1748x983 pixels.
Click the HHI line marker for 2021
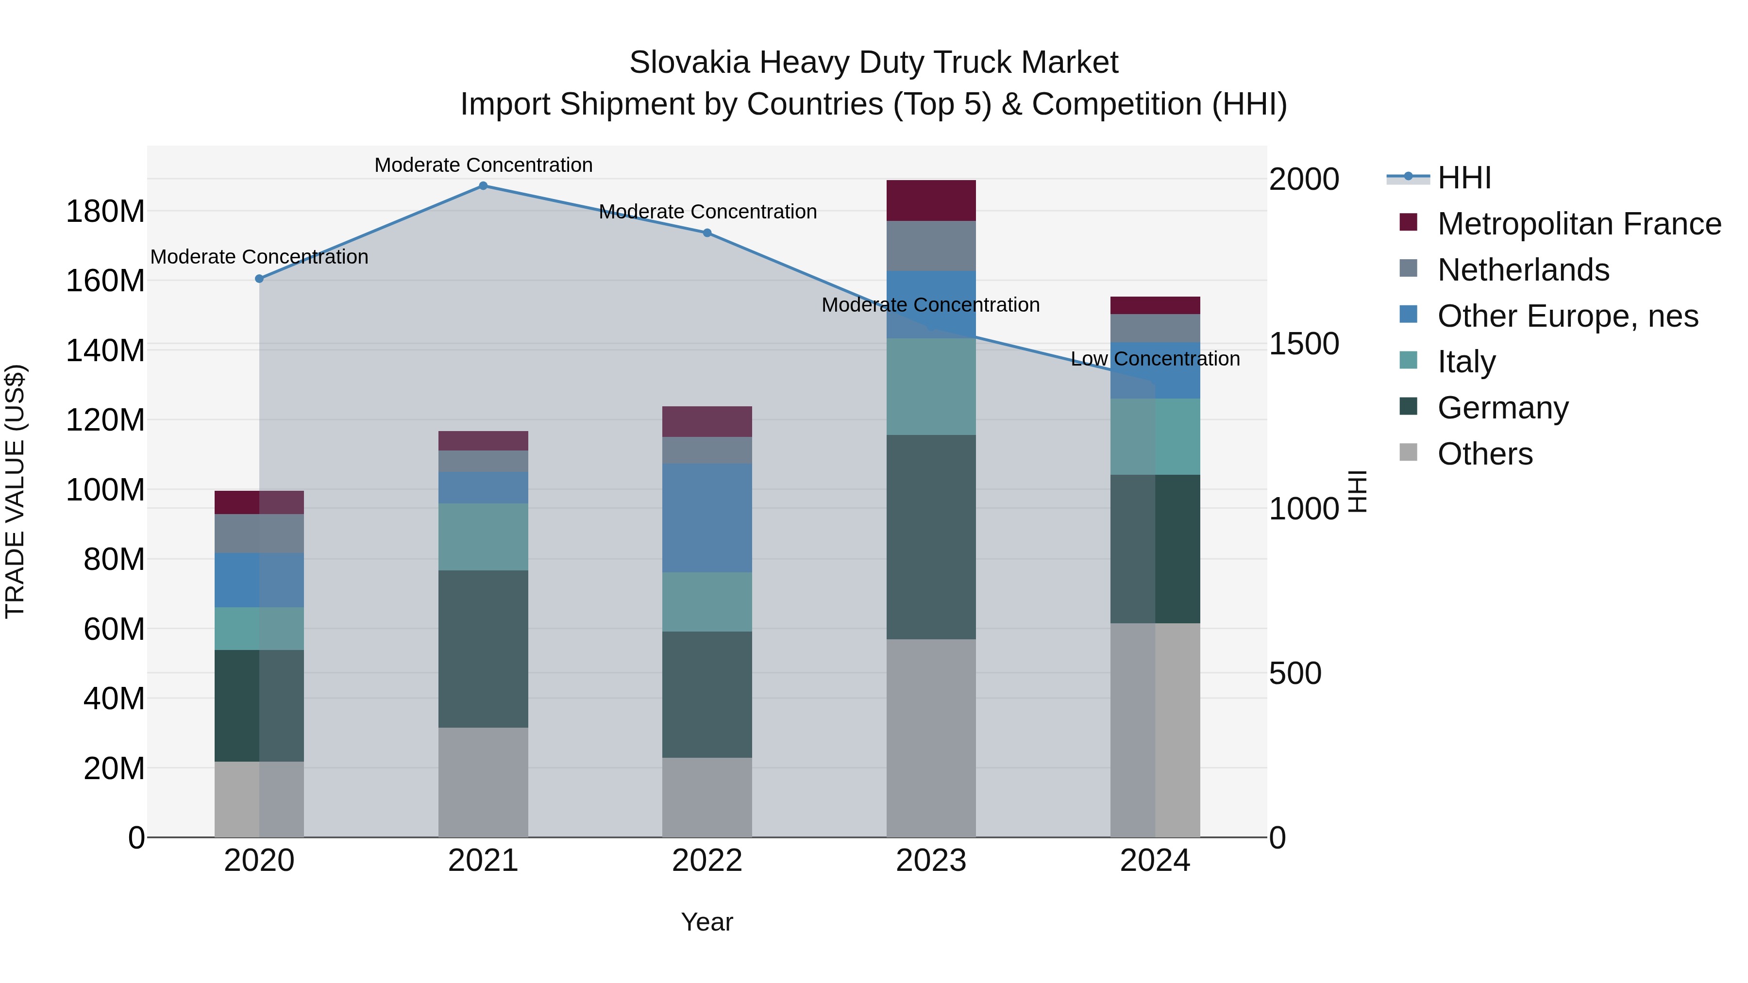point(483,186)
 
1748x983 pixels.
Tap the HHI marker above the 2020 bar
point(259,279)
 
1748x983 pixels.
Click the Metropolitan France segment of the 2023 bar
point(931,201)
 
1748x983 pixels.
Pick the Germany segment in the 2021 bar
point(483,649)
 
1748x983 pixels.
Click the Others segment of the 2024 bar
point(1155,730)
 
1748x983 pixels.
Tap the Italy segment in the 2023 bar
point(931,387)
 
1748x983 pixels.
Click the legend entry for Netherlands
point(1523,270)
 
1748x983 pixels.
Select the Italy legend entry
point(1466,362)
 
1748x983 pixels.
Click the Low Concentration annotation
point(1155,359)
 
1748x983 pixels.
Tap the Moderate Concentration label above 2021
point(483,165)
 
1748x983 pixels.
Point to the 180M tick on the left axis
point(105,212)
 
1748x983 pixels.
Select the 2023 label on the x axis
point(931,861)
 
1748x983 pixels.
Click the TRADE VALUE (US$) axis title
point(15,491)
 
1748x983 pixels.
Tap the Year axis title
point(707,922)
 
